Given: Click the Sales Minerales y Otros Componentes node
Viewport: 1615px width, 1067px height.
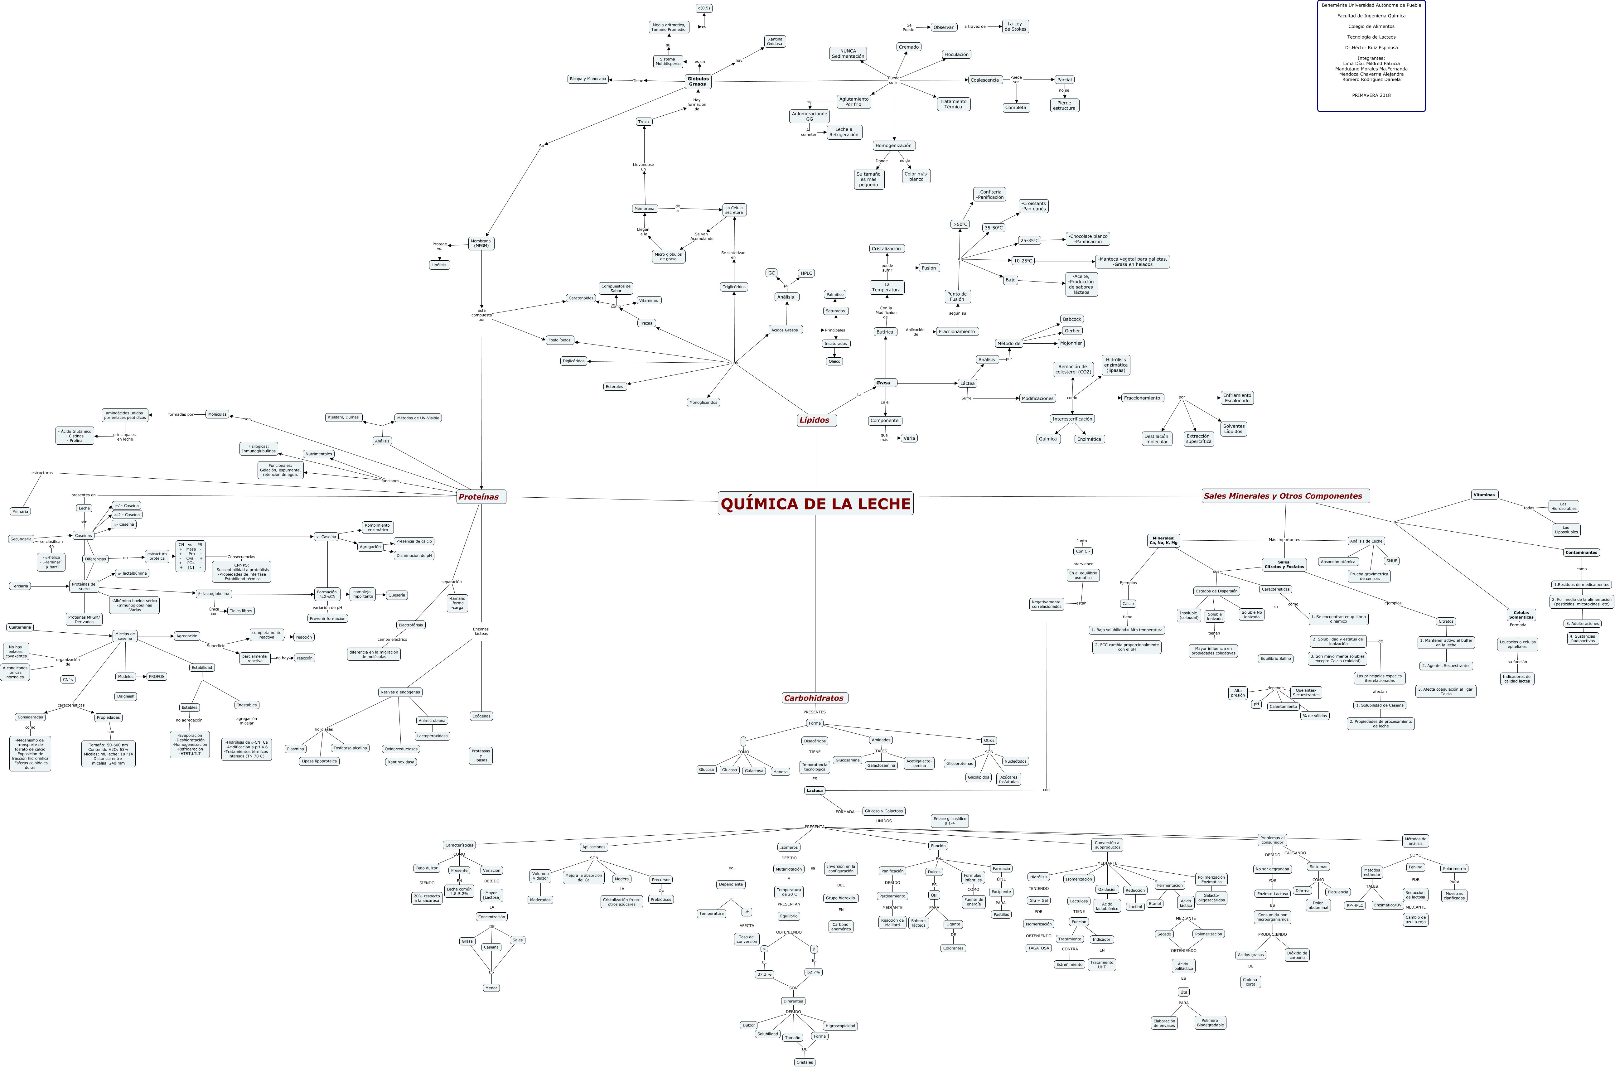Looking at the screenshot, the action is point(1285,496).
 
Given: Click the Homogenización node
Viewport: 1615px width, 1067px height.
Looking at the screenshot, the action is point(894,146).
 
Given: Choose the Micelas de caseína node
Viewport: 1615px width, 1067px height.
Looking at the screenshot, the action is point(124,636).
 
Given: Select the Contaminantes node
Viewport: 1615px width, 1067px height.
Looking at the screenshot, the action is point(1581,553).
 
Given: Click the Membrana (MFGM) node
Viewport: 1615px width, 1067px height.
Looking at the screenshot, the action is point(481,244).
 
